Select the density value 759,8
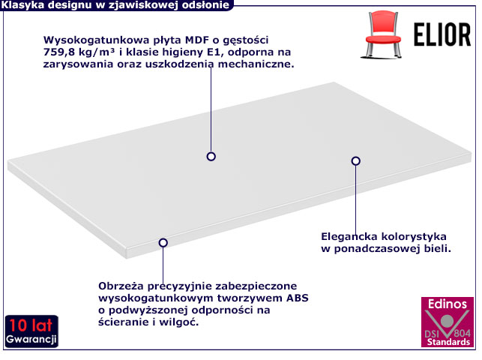(x=64, y=52)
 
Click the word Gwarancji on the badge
(x=31, y=340)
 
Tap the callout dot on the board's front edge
(x=163, y=242)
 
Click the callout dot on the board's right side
(x=356, y=160)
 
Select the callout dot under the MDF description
(x=211, y=156)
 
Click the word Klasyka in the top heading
(x=24, y=5)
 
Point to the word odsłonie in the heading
(x=205, y=5)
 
